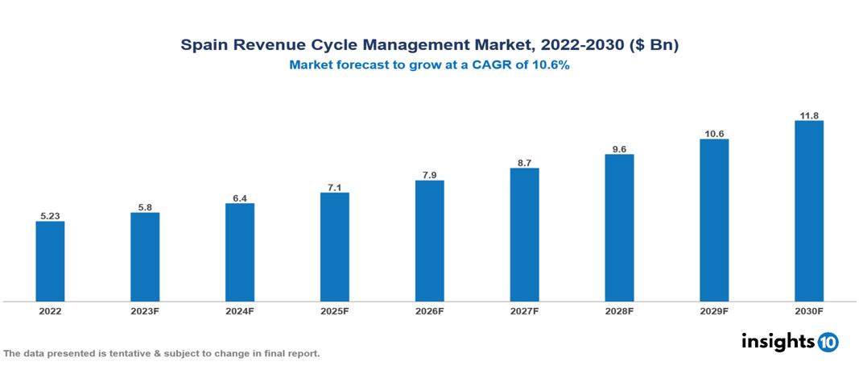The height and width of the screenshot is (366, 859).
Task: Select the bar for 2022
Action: [50, 261]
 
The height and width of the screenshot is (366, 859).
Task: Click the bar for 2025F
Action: [334, 247]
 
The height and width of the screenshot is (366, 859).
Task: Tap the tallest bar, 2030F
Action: [808, 211]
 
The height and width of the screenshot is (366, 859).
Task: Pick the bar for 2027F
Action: [524, 235]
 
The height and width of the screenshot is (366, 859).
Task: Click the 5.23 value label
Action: [50, 215]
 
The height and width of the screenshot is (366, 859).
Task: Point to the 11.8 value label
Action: [808, 114]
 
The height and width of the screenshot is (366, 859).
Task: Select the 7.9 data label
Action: [429, 174]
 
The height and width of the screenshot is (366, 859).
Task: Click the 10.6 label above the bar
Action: [714, 133]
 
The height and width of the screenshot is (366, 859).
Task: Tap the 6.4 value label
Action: [240, 197]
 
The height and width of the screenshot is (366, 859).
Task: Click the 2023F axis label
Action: [145, 310]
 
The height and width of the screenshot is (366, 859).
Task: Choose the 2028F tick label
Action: [619, 310]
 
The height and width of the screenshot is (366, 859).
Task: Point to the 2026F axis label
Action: [429, 310]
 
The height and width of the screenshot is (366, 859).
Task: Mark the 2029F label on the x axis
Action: [714, 310]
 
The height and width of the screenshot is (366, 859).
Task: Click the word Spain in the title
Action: [203, 46]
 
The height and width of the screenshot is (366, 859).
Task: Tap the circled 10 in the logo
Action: [828, 343]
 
